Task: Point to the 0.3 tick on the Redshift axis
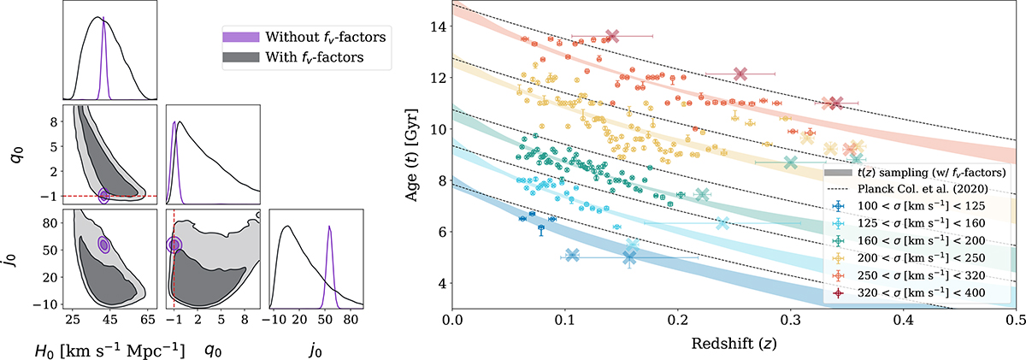click(x=791, y=320)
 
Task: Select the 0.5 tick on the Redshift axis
click(x=1016, y=320)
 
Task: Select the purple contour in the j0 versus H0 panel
click(x=104, y=245)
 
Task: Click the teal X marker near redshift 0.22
click(x=703, y=196)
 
